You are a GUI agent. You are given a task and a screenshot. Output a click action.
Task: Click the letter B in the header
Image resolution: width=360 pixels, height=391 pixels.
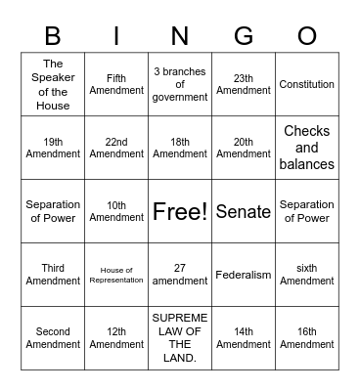coord(53,35)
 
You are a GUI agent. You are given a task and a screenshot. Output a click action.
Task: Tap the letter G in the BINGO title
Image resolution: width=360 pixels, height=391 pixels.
coord(244,35)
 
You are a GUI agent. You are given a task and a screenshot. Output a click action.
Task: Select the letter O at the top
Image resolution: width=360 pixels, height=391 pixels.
coord(307,35)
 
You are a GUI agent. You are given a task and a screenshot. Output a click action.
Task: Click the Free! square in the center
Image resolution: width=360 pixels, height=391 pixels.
coord(180,211)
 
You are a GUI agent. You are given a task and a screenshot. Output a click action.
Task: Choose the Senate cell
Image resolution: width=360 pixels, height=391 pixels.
coord(244,211)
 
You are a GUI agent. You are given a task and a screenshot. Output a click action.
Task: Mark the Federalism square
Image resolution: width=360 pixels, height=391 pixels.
coord(244,275)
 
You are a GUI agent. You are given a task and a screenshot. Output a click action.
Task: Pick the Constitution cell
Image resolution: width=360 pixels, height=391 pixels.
coord(307,84)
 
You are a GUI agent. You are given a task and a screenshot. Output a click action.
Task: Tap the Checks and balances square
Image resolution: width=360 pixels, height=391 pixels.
coord(307,148)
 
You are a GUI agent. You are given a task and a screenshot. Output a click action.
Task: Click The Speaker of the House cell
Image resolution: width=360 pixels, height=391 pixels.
coord(53,84)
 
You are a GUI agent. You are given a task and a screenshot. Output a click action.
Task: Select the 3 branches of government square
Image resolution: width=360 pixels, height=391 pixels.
coord(180,84)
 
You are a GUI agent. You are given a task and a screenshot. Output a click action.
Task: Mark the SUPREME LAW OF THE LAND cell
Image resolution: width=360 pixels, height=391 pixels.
coord(180,338)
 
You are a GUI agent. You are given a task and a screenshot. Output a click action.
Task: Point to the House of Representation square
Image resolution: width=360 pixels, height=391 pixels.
coord(116,275)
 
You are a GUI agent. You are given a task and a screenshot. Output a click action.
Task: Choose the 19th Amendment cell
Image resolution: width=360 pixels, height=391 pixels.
coord(53,148)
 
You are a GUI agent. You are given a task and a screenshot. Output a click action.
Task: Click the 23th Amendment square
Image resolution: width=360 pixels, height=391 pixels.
coord(244,84)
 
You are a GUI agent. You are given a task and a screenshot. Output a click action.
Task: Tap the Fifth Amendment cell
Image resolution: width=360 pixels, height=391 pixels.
coord(116,84)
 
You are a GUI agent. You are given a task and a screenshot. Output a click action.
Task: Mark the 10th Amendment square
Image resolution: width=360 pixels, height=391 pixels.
coord(116,211)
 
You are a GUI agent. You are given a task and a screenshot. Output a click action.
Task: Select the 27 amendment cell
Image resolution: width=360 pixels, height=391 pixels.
coord(180,275)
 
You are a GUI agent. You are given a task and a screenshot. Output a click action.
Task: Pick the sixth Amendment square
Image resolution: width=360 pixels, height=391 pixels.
coord(307,275)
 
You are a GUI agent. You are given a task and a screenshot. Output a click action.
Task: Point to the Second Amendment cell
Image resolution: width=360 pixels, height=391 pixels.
coord(53,338)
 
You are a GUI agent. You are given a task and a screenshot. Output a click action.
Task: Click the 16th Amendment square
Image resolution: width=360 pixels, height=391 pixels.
coord(307,338)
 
